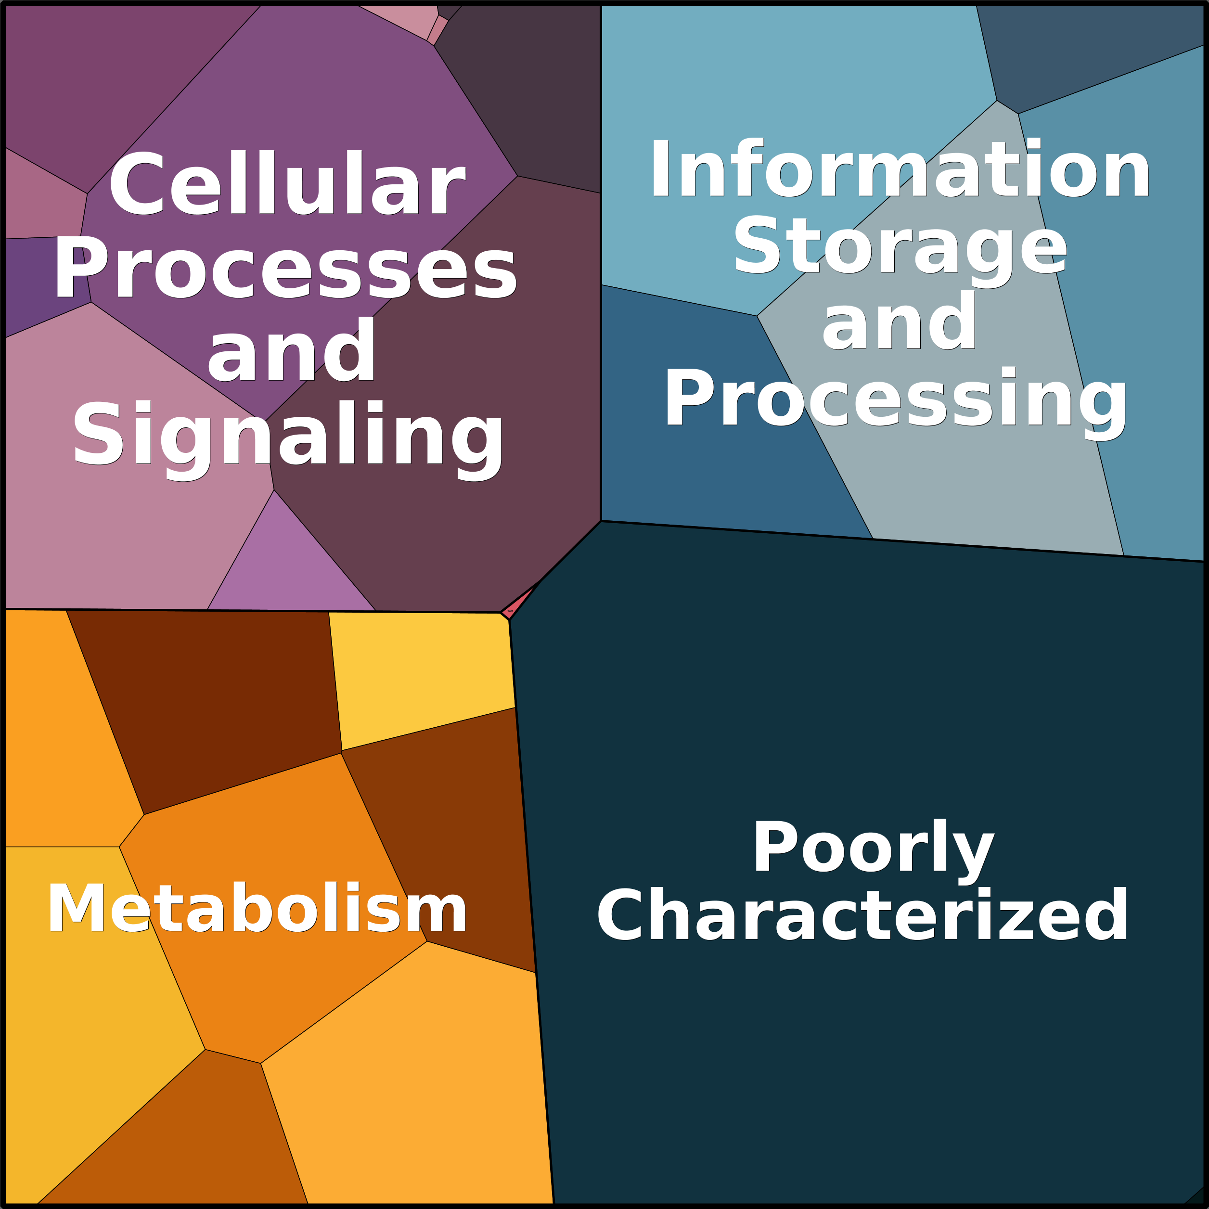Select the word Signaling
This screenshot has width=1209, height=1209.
pyautogui.click(x=288, y=436)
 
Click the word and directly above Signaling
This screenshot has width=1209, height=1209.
pyautogui.click(x=291, y=352)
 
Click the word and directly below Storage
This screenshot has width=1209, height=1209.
pyautogui.click(x=899, y=322)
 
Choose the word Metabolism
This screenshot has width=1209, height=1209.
pyautogui.click(x=257, y=909)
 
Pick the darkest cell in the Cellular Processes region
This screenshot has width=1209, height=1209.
pyautogui.click(x=532, y=94)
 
